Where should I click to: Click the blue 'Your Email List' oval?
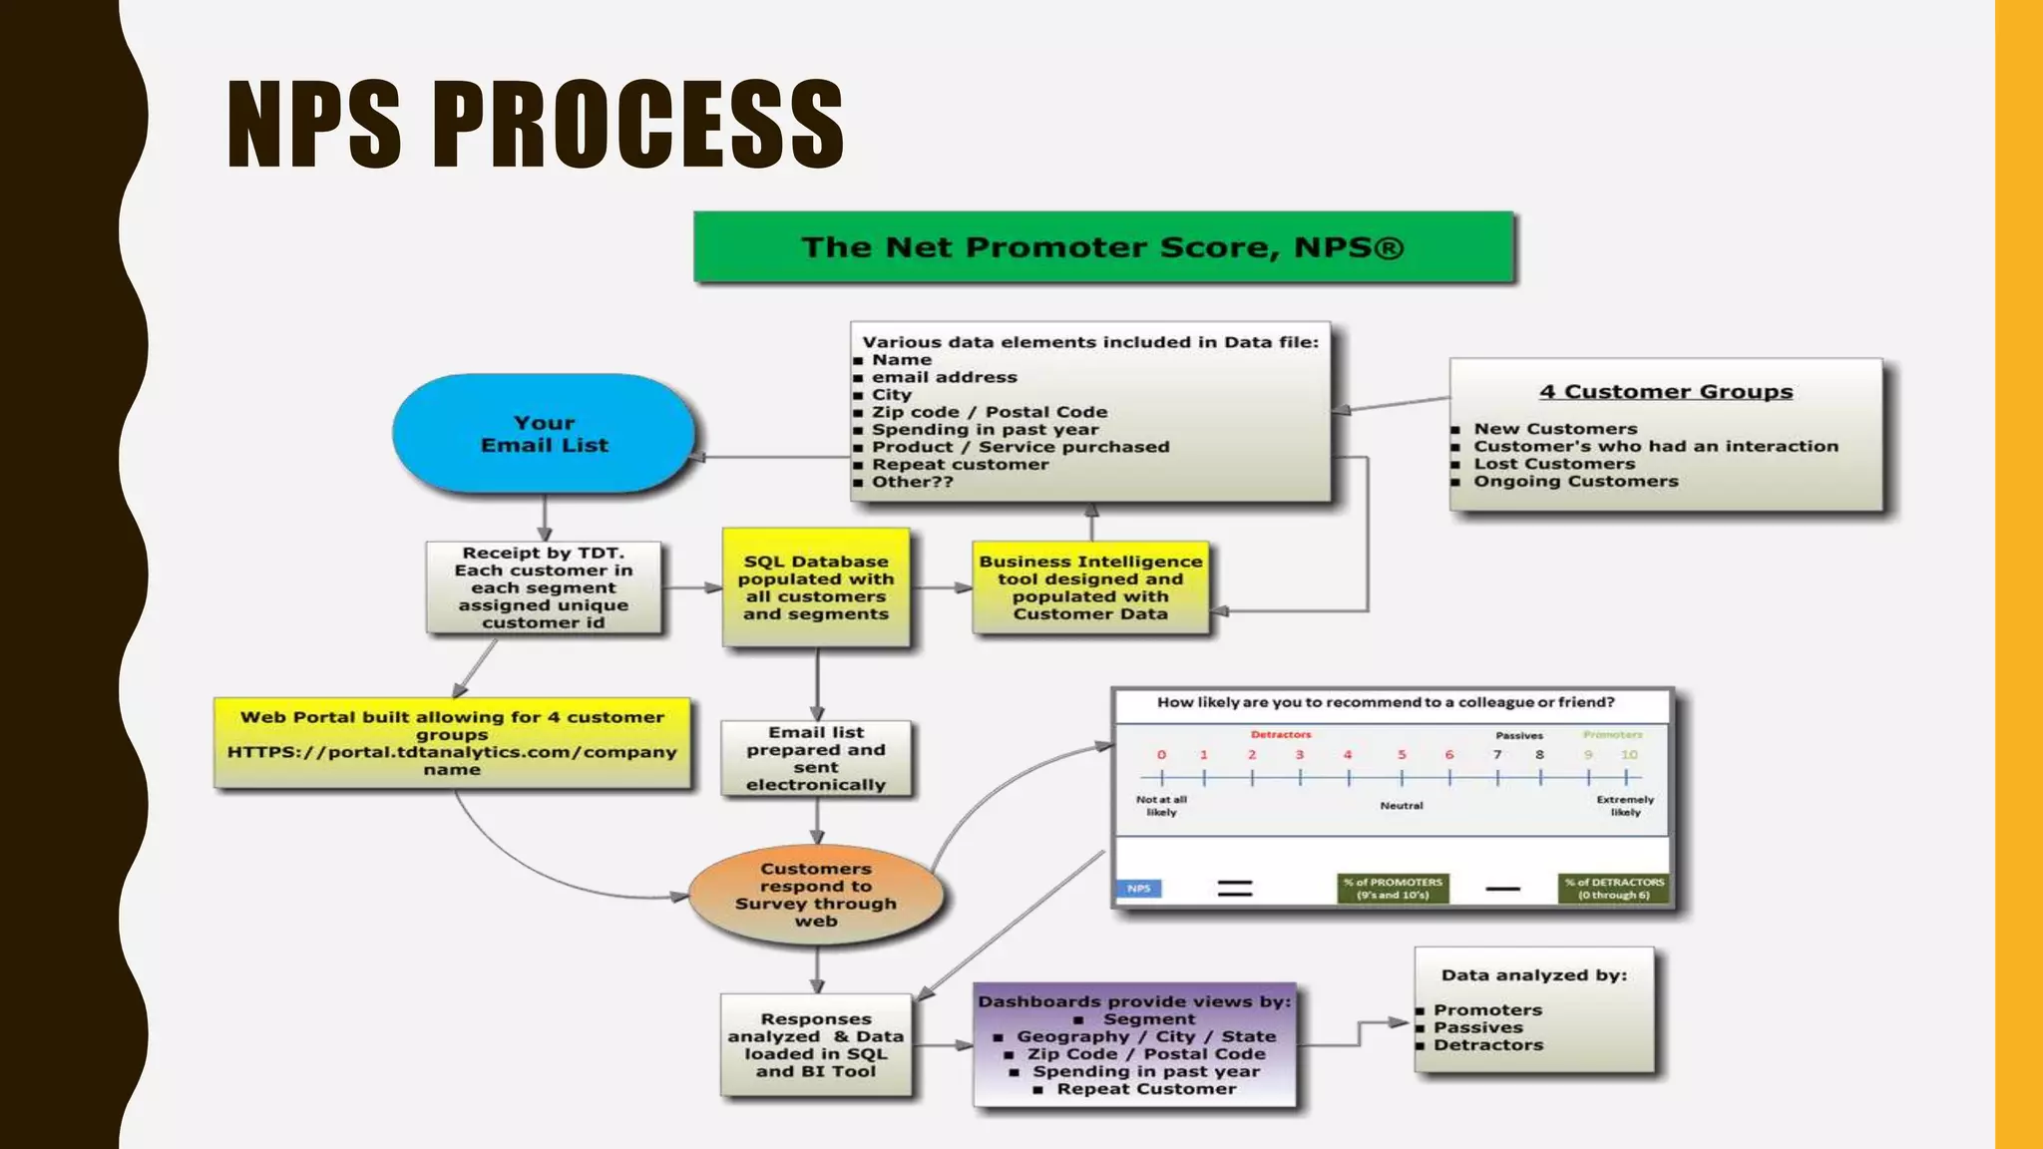point(544,434)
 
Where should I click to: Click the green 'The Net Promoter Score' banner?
point(1103,247)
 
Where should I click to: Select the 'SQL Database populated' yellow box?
point(816,587)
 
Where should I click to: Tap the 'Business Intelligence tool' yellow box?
point(1090,587)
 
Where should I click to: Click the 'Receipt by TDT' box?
point(544,587)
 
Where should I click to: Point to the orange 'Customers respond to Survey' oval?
point(816,895)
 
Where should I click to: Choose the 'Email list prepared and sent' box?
point(816,758)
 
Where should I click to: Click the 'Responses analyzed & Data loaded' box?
point(816,1045)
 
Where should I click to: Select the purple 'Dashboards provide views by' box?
point(1135,1045)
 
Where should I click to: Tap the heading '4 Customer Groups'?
point(1665,392)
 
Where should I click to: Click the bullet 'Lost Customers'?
point(1554,464)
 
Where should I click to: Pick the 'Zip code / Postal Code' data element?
point(989,412)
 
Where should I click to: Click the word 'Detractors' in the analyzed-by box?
point(1488,1045)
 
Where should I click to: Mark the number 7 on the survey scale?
point(1497,755)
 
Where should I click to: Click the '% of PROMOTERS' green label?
point(1393,888)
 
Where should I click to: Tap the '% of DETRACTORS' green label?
point(1614,888)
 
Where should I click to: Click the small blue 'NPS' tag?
point(1138,888)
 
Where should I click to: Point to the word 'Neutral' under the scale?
point(1402,805)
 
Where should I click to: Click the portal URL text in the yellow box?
point(452,752)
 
